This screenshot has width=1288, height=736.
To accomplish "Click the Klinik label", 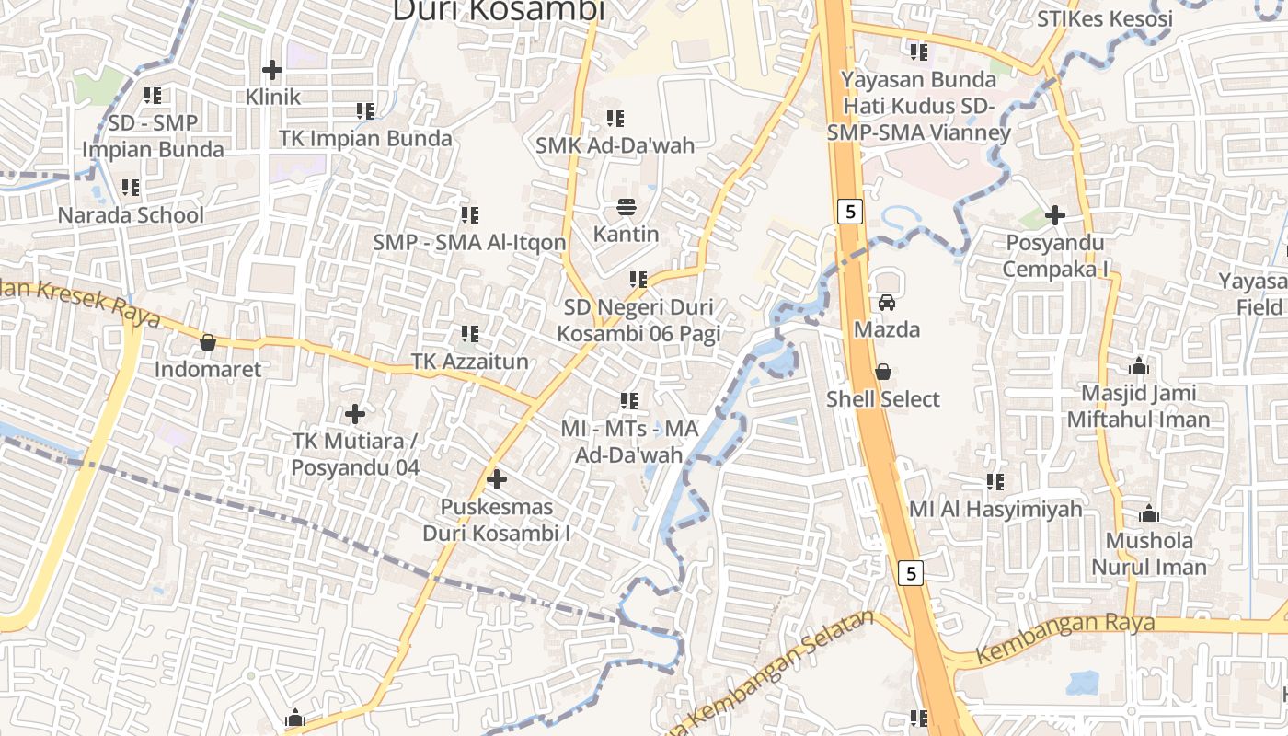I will pos(273,97).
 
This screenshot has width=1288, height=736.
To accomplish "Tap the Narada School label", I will pos(131,215).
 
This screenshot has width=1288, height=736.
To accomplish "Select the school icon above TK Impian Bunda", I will pos(365,111).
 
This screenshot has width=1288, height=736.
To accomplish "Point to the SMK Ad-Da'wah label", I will pos(615,145).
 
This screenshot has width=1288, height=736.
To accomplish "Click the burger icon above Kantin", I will pos(627,207).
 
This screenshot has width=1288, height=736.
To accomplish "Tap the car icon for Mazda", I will pos(887,302).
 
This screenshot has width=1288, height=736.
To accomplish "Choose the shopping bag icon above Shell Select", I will pos(883,372).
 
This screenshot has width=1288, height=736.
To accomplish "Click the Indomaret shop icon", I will pos(208,342).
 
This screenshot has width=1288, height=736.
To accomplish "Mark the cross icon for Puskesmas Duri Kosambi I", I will pos(497,479).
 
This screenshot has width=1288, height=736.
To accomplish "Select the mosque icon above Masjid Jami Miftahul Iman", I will pos(1139,366).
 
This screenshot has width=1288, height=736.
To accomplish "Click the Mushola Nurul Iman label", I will pos(1149,553).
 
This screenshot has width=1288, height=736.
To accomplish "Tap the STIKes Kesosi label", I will pos(1105,19).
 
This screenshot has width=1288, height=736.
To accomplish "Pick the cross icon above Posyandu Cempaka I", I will pos(1055,216).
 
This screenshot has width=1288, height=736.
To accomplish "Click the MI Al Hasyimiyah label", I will pos(995,509).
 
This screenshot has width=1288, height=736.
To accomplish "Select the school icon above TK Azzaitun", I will pos(470,334).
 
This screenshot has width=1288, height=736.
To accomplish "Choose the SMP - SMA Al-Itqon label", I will pos(469,243).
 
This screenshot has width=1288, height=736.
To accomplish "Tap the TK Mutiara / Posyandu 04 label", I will pos(355,454).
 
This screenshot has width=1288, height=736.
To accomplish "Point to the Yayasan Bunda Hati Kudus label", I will pos(919,106).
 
